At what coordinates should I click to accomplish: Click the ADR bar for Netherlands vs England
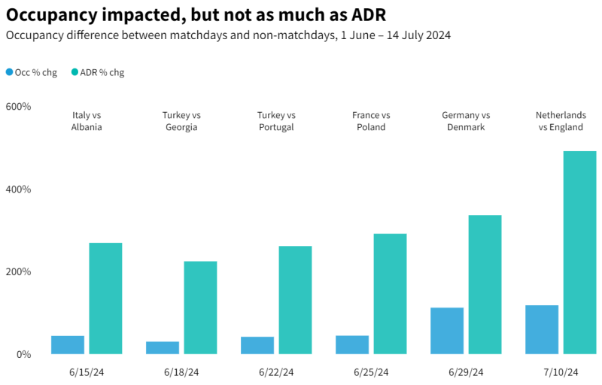[x=579, y=253]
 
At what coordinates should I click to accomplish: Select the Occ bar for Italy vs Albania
[x=68, y=344]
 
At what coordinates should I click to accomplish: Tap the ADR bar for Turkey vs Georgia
[x=200, y=308]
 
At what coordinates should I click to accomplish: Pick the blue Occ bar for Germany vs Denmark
[x=447, y=331]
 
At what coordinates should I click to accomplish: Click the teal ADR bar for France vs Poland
[x=390, y=293]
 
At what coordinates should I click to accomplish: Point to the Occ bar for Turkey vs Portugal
[x=257, y=345]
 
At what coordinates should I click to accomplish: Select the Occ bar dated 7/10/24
[x=542, y=329]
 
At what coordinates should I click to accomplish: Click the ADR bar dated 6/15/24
[x=105, y=298]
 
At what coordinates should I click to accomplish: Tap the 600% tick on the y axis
[x=18, y=107]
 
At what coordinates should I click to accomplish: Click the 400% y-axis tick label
[x=18, y=189]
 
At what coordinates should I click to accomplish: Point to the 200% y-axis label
[x=18, y=271]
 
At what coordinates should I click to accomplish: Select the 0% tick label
[x=23, y=354]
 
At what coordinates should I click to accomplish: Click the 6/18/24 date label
[x=181, y=372]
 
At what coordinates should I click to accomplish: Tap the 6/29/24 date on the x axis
[x=466, y=372]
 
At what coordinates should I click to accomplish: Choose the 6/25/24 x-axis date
[x=371, y=372]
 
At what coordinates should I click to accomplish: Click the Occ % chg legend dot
[x=9, y=72]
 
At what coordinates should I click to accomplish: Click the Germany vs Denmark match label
[x=466, y=121]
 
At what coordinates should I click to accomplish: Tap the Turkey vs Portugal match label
[x=276, y=121]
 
